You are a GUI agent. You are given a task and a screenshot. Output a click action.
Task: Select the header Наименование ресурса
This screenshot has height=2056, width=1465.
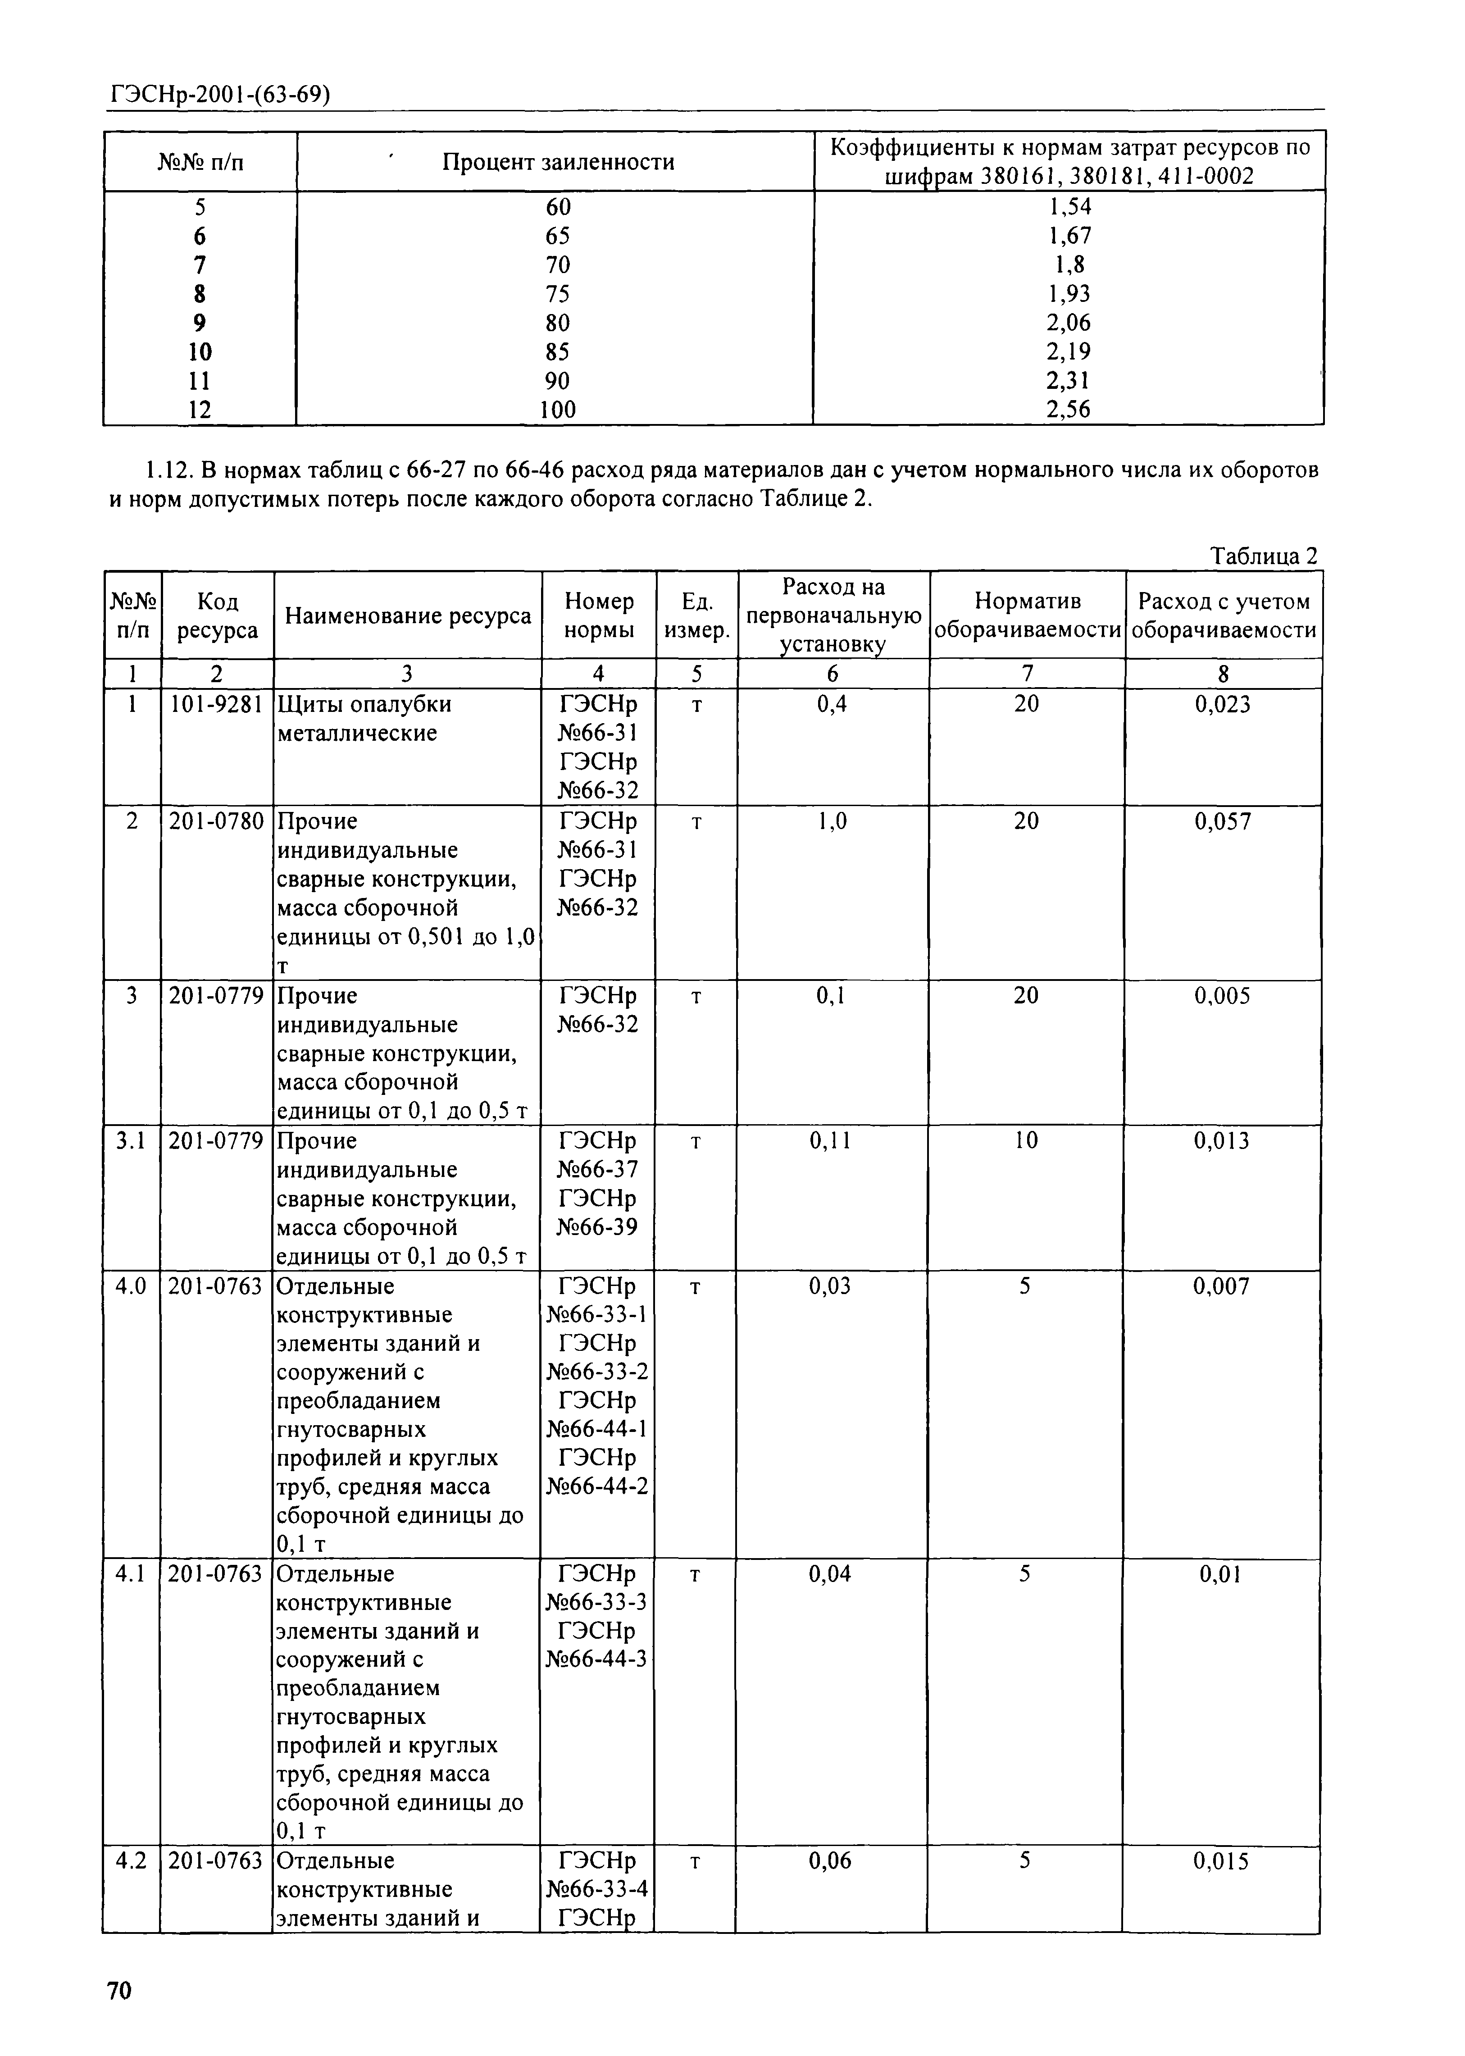coord(408,616)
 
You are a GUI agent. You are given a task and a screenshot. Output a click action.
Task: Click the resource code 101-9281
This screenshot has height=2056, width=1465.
coord(217,705)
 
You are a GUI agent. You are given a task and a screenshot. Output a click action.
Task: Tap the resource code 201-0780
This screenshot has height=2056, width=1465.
coord(217,821)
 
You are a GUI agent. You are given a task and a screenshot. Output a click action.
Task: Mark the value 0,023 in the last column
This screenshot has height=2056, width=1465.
coord(1223,705)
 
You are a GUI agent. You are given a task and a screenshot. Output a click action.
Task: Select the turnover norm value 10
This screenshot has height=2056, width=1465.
coord(1027,1141)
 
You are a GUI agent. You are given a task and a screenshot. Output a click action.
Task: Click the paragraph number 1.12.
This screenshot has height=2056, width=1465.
coord(168,471)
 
